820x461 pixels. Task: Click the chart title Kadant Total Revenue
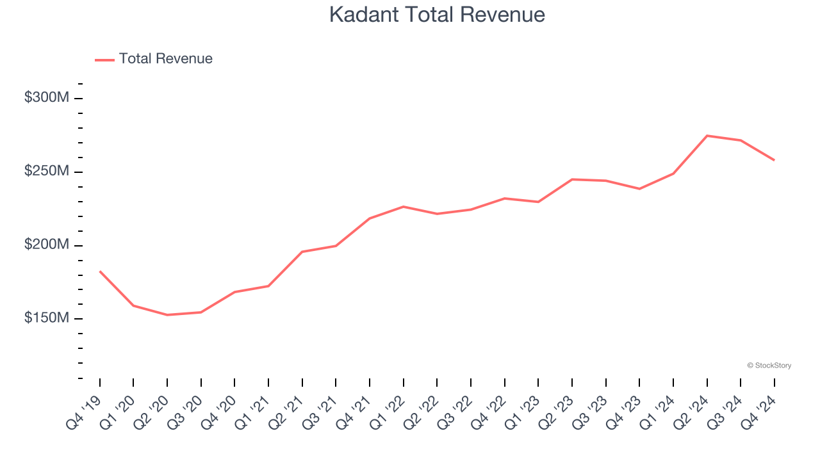point(437,15)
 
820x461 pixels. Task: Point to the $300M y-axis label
point(46,98)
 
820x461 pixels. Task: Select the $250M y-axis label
point(46,172)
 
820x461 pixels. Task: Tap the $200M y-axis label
point(46,245)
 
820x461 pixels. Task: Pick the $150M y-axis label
point(46,319)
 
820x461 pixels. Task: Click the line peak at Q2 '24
point(707,136)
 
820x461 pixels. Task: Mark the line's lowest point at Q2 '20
point(167,315)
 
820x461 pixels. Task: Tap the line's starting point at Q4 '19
point(100,271)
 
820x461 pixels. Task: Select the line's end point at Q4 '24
point(774,160)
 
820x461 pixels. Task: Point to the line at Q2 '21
point(302,252)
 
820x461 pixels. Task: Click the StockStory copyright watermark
point(769,366)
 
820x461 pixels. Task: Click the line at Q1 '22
point(403,207)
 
